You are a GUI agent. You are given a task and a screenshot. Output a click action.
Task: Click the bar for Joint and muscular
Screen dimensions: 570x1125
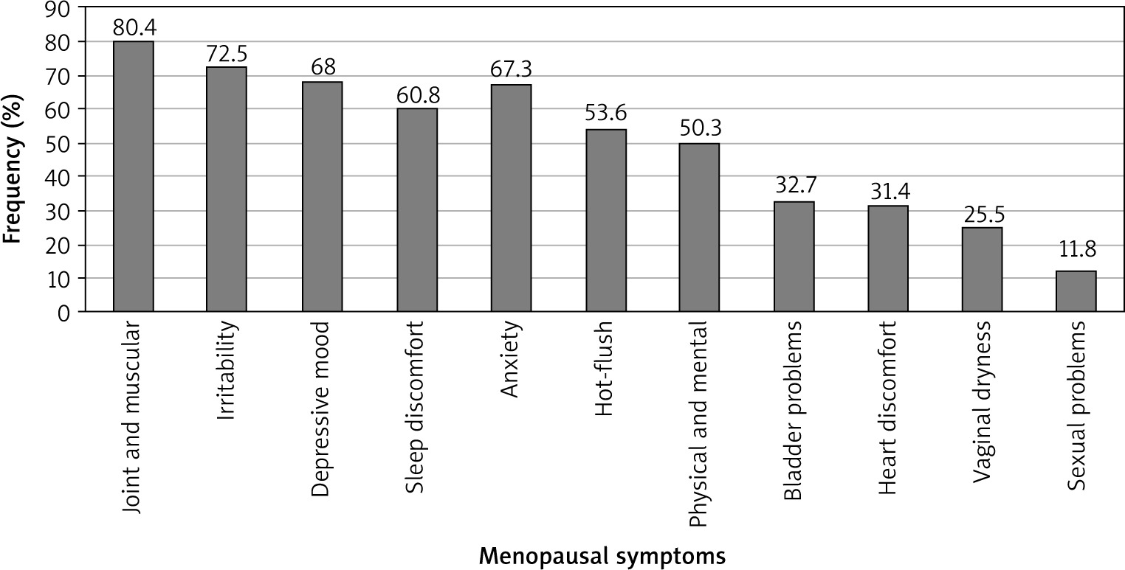tap(133, 176)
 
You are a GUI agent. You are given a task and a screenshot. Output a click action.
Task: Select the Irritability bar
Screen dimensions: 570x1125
tap(227, 190)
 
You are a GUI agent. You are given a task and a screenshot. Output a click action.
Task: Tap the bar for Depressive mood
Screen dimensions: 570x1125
tap(322, 197)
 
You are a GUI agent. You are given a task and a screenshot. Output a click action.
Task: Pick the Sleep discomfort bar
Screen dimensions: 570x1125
tap(416, 210)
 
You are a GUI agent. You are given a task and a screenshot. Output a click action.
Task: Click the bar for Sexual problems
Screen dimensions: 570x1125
tap(1076, 291)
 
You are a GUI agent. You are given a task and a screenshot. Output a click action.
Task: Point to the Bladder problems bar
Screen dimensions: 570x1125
tap(794, 257)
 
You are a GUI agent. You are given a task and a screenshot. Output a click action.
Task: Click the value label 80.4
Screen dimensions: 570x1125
tap(133, 28)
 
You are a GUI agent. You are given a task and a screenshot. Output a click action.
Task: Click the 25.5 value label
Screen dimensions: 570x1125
tap(982, 215)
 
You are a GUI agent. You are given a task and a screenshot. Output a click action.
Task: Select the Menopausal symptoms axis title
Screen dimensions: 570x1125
tap(602, 554)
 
